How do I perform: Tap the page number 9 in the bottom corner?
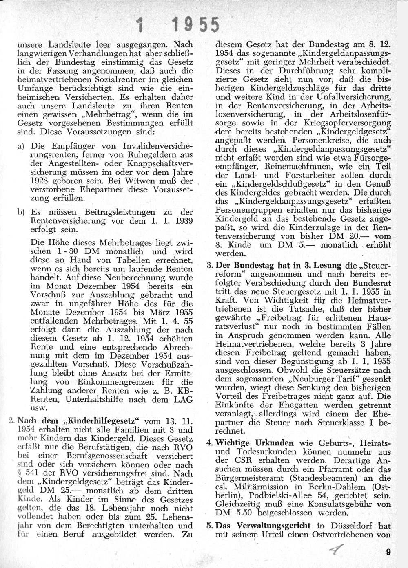pyautogui.click(x=388, y=553)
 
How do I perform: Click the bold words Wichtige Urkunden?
pyautogui.click(x=255, y=443)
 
